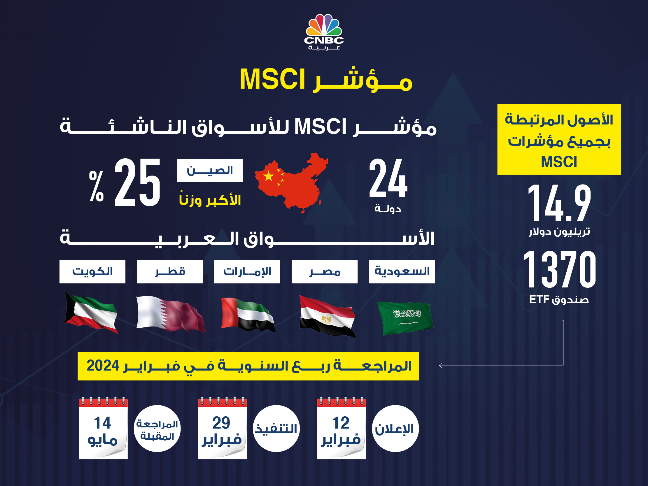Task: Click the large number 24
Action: (388, 178)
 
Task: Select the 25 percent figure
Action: (125, 182)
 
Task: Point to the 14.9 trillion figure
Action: (559, 203)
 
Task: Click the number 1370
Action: (559, 269)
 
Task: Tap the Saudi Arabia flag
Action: (405, 318)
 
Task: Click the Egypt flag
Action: (327, 316)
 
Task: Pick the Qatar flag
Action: (171, 314)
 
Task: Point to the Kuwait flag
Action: (91, 313)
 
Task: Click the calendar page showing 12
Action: (341, 428)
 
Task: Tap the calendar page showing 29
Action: (222, 428)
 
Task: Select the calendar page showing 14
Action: (103, 428)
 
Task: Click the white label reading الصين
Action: (210, 171)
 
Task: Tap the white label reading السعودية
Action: (402, 272)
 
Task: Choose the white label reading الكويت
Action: (92, 272)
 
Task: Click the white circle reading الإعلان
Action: (395, 429)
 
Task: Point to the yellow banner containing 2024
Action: (248, 366)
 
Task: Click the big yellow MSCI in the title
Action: (272, 79)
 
